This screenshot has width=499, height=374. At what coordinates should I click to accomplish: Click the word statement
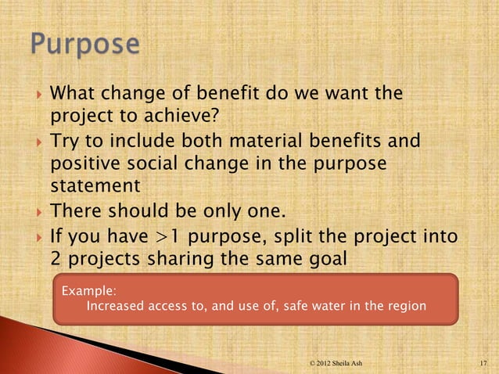[x=95, y=188]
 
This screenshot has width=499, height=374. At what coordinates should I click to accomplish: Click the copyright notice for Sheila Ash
[x=336, y=364]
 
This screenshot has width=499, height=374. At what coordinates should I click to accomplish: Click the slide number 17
[x=483, y=364]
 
